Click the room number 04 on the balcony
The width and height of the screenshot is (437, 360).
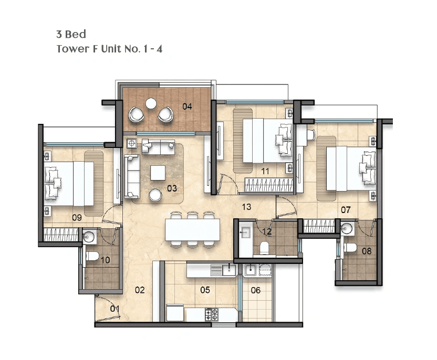click(x=187, y=107)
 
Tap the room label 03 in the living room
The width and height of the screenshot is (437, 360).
click(x=171, y=188)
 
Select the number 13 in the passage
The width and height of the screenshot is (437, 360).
click(x=246, y=207)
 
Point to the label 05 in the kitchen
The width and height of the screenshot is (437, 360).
click(x=205, y=290)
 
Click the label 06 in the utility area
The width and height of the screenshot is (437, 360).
click(x=255, y=290)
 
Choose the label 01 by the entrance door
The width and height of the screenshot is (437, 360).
click(x=115, y=309)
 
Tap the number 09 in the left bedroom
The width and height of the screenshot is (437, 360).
click(x=77, y=218)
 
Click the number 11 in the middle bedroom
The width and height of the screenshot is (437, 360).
click(x=265, y=171)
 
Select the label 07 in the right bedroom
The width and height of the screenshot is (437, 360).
click(x=346, y=210)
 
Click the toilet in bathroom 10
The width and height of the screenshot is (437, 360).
click(x=93, y=256)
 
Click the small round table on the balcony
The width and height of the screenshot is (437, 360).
click(x=151, y=103)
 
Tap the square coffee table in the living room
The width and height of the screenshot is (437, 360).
click(x=157, y=172)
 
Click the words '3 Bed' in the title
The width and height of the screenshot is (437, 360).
click(x=71, y=35)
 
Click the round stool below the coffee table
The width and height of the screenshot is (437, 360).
click(x=155, y=195)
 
